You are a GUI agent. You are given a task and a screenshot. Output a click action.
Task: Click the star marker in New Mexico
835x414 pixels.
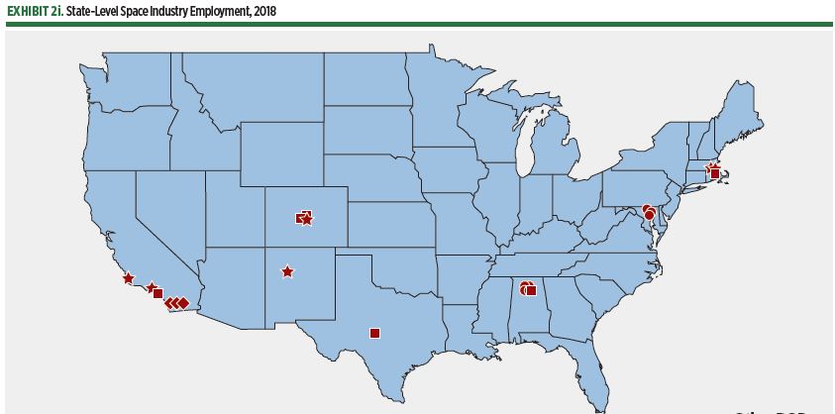coord(287,271)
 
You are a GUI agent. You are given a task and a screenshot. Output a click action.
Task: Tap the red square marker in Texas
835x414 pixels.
coord(374,333)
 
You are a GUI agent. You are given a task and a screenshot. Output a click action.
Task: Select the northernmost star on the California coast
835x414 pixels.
coord(129,278)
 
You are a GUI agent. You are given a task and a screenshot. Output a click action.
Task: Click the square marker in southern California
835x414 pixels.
coord(157,294)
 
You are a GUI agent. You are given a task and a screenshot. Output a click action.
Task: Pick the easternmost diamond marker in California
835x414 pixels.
coord(184,302)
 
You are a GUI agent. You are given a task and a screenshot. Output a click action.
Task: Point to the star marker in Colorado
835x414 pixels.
coord(307,219)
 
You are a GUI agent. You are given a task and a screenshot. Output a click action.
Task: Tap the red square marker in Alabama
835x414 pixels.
coord(531,290)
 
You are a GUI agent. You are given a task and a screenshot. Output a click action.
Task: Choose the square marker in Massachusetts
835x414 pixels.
coord(715,173)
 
